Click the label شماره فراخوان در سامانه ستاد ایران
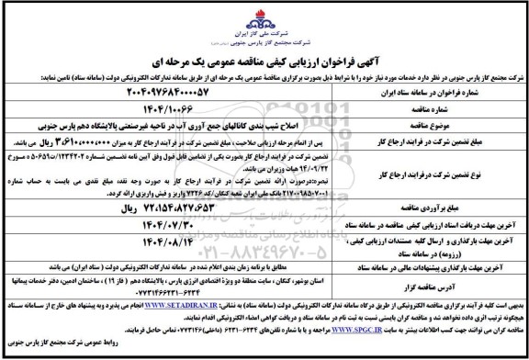tap(437, 93)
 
